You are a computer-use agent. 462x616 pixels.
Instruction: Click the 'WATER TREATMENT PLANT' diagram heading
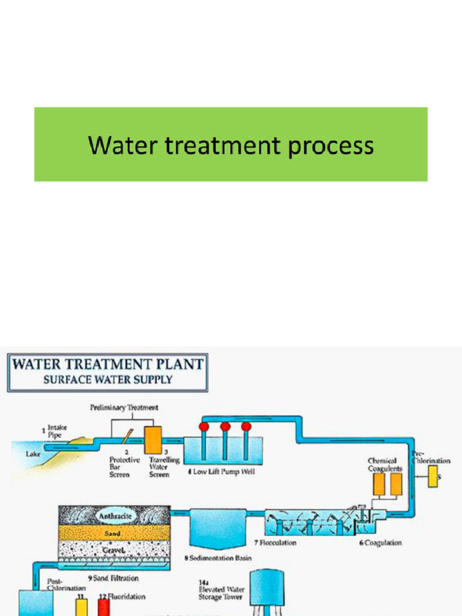[x=108, y=365]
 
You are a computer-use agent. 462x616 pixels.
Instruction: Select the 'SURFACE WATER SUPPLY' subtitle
[x=108, y=380]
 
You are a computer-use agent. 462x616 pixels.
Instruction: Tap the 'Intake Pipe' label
[x=57, y=431]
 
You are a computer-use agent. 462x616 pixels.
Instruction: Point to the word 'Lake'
[x=33, y=454]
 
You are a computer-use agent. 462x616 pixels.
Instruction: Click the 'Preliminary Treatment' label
[x=124, y=407]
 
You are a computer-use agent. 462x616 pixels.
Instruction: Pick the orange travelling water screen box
[x=153, y=440]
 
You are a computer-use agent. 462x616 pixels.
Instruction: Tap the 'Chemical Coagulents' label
[x=385, y=464]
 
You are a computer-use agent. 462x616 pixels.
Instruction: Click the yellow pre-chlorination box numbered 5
[x=433, y=476]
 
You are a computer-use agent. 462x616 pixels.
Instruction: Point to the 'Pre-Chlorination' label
[x=431, y=457]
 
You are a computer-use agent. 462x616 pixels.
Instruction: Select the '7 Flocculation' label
[x=275, y=543]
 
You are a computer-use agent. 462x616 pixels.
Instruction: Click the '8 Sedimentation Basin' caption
[x=217, y=559]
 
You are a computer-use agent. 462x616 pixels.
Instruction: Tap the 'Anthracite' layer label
[x=115, y=516]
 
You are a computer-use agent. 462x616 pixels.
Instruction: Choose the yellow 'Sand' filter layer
[x=114, y=533]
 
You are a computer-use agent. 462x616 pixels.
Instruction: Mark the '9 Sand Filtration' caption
[x=113, y=578]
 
